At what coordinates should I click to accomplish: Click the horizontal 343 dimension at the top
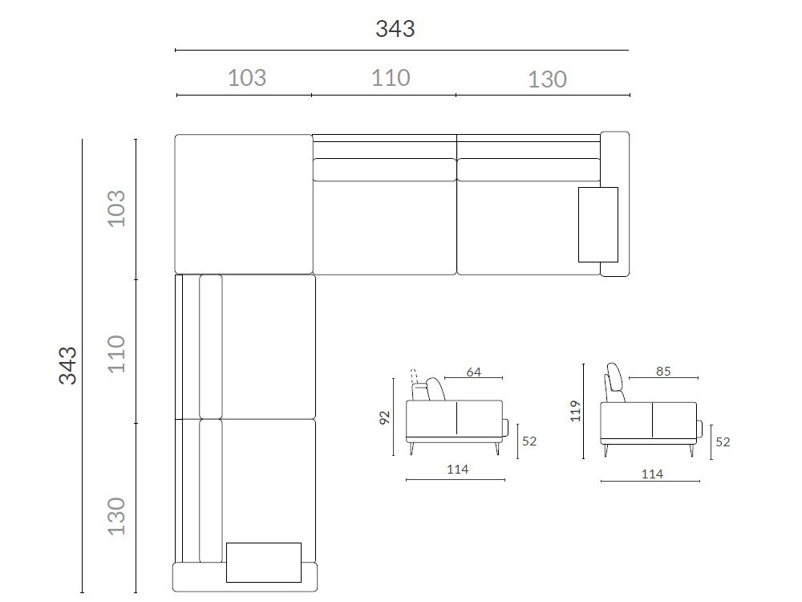point(395,29)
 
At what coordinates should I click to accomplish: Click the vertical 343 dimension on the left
point(67,365)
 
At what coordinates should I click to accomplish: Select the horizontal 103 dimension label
point(247,78)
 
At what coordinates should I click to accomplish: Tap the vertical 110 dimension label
point(116,354)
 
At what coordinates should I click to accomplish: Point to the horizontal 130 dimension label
point(547,79)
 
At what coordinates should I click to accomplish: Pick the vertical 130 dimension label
point(116,516)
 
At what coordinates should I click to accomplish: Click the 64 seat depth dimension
point(474,372)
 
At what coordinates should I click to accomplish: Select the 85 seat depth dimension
point(663,371)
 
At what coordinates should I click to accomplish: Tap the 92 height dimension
point(385,417)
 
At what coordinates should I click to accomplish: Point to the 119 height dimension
point(575,411)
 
